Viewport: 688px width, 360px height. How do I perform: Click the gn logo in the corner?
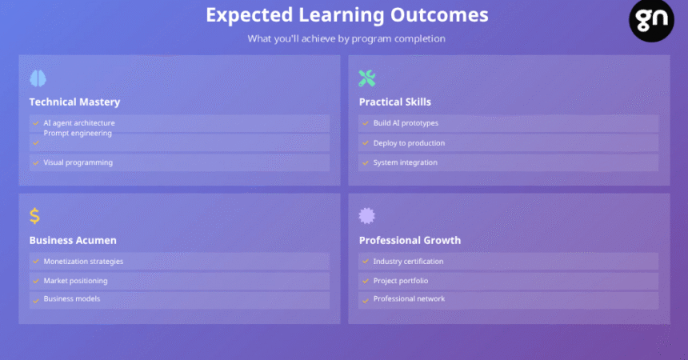(651, 20)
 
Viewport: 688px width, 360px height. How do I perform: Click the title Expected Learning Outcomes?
(347, 15)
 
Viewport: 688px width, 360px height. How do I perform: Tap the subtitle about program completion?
(346, 38)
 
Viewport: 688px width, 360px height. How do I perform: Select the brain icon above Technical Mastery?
(38, 78)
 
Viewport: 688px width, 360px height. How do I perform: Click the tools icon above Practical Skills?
(367, 78)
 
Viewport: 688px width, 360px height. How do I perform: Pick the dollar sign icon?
(34, 215)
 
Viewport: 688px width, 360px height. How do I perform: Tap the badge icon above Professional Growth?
(367, 215)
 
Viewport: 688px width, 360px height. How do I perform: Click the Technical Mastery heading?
(74, 102)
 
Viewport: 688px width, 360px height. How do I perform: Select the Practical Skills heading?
(395, 102)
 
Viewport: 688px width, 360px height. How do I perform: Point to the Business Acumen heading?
(73, 240)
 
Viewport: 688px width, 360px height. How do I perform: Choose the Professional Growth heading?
(410, 240)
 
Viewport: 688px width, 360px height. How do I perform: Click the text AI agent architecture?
(79, 123)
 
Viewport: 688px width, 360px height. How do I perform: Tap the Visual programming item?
(78, 162)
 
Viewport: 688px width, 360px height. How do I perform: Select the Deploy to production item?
(409, 143)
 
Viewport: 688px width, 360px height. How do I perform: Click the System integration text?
(406, 162)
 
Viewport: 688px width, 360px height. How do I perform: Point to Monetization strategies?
(83, 262)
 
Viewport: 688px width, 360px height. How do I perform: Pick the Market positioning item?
(75, 281)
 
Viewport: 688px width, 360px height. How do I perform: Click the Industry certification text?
(408, 262)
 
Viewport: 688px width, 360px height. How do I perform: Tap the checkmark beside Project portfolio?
(365, 281)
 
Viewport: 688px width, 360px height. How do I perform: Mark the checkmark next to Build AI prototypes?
(365, 123)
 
